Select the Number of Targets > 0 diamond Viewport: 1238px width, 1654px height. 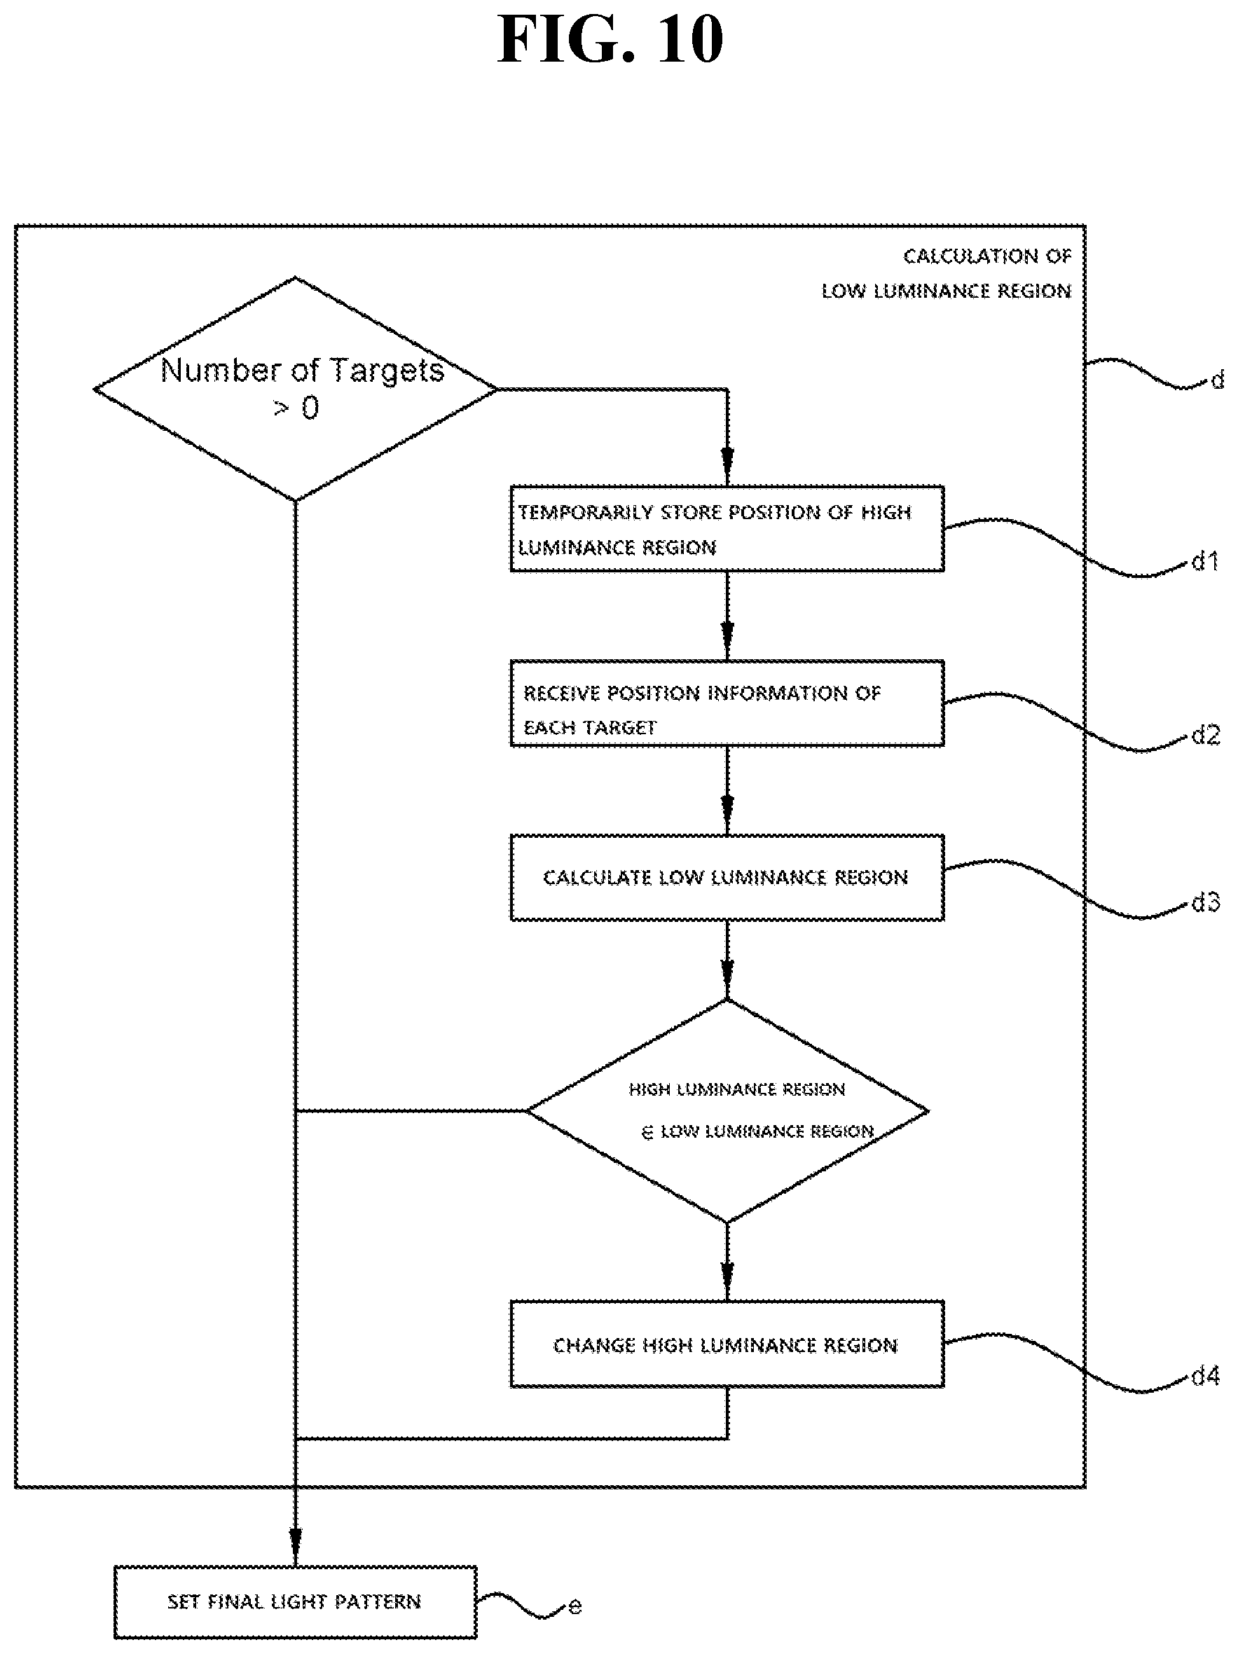tap(296, 389)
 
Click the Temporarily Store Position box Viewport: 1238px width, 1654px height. tap(727, 529)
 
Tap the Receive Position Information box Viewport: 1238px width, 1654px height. tap(727, 703)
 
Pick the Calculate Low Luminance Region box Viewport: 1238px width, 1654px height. tap(727, 877)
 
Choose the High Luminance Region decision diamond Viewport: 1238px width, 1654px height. tap(727, 1110)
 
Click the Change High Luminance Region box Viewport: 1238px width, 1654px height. tap(727, 1344)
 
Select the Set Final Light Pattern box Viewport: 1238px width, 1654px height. tap(296, 1601)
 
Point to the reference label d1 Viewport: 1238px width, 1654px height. tap(1205, 561)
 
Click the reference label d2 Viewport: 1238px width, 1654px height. tap(1205, 735)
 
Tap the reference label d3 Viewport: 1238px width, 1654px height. tap(1205, 902)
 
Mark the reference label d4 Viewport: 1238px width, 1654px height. tap(1205, 1375)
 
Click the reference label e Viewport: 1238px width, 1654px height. tap(575, 1606)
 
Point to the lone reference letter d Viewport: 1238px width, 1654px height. tap(1217, 380)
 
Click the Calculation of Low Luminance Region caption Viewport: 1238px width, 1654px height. tap(947, 273)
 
